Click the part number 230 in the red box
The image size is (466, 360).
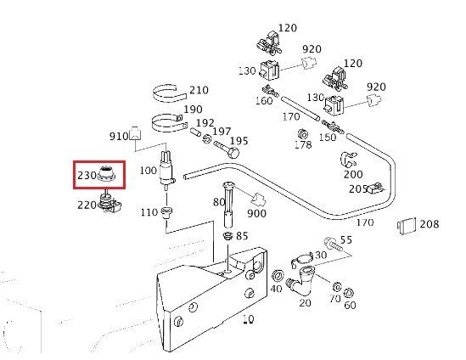(87, 175)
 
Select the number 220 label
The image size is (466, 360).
(87, 205)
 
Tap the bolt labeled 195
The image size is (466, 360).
(227, 149)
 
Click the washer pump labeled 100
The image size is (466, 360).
(166, 171)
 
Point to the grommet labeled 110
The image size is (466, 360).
(166, 212)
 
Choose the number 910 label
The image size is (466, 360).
(119, 137)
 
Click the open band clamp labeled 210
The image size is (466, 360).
(169, 93)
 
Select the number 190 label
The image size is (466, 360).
(194, 110)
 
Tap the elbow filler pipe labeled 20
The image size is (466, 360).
(300, 279)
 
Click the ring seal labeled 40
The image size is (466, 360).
(278, 276)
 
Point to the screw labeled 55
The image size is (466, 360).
(332, 244)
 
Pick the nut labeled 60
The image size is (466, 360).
(348, 294)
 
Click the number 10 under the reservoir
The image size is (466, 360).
(248, 319)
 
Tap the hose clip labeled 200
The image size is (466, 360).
(348, 160)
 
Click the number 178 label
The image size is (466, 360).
(303, 144)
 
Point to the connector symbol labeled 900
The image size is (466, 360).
(258, 199)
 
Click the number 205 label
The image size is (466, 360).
(358, 189)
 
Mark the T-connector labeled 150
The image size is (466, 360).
(332, 126)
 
